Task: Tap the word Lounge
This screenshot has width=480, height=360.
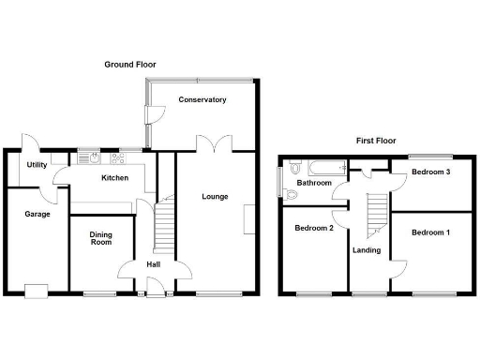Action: click(x=216, y=197)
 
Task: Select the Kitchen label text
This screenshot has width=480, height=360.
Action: click(x=114, y=177)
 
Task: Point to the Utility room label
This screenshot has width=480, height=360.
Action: click(x=37, y=165)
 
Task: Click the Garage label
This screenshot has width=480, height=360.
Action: click(x=37, y=214)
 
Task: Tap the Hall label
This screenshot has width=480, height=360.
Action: click(x=153, y=264)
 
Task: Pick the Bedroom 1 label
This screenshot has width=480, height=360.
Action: click(x=430, y=232)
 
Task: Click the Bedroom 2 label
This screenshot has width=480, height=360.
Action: click(x=314, y=228)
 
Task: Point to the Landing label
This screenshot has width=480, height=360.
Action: click(x=367, y=250)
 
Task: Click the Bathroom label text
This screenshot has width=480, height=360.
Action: click(x=314, y=183)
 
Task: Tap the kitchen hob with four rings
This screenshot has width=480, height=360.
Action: click(x=119, y=157)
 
